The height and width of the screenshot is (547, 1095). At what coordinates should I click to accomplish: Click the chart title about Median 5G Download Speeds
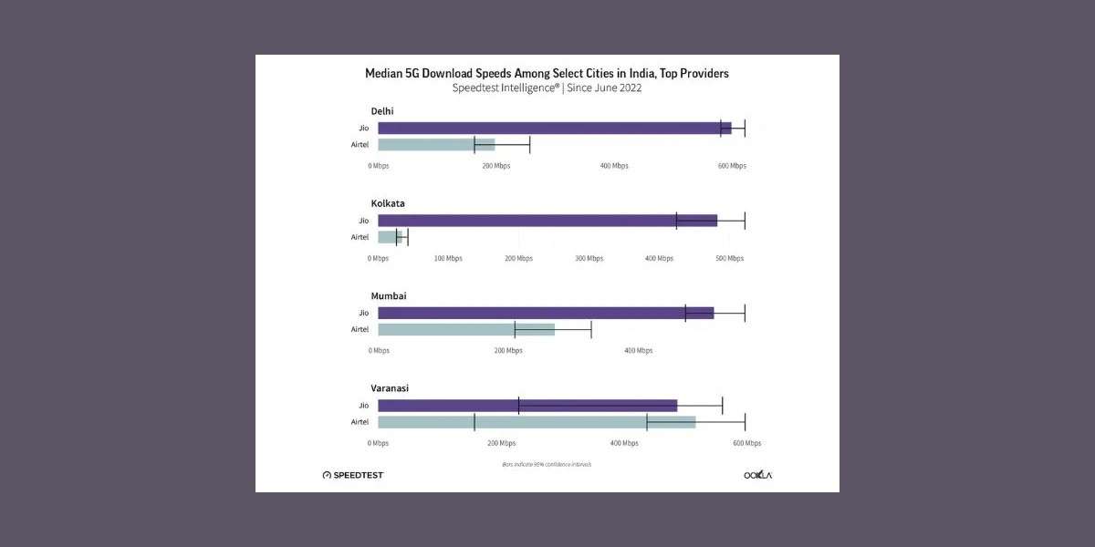click(547, 73)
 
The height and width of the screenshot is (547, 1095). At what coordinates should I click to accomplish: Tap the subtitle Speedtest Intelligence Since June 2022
click(547, 88)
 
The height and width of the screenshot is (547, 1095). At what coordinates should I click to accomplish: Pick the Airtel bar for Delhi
click(435, 145)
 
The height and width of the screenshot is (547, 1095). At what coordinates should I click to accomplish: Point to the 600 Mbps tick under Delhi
click(732, 166)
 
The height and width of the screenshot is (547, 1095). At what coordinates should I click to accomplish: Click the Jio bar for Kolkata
click(547, 221)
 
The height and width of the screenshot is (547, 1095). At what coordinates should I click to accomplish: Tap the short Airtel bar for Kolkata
click(389, 237)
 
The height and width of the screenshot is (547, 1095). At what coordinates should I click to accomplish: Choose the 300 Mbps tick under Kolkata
click(589, 259)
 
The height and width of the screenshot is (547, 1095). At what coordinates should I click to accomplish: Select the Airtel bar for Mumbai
click(465, 330)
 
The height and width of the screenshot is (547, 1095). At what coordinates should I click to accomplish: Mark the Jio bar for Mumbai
click(545, 314)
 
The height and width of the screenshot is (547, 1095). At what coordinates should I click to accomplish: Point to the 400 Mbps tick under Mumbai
click(638, 351)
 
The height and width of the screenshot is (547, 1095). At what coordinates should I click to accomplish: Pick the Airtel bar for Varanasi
click(536, 422)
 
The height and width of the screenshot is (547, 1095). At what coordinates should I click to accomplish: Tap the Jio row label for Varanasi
click(363, 406)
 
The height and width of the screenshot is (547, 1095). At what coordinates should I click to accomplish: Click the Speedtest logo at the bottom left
click(353, 475)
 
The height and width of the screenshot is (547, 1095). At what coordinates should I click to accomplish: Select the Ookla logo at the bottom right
click(757, 475)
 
